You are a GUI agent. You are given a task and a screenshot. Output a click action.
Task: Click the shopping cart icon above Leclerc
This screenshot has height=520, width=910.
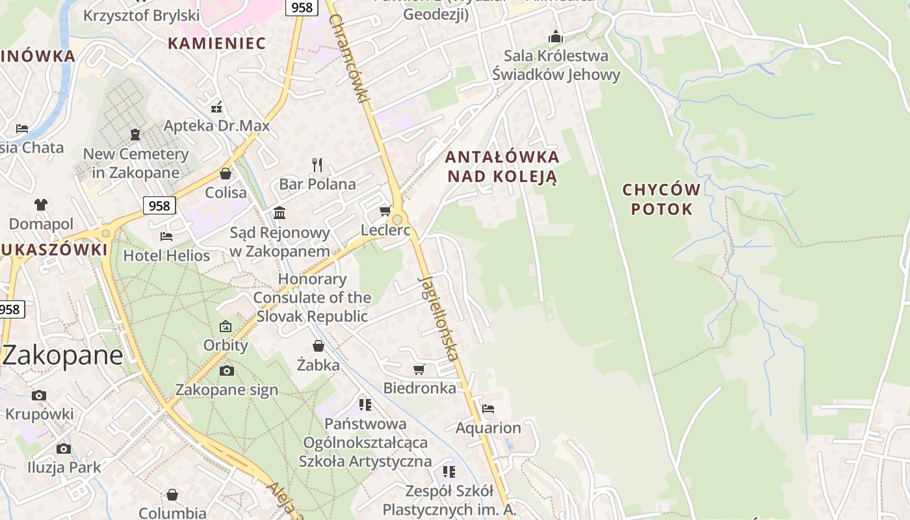coord(385,211)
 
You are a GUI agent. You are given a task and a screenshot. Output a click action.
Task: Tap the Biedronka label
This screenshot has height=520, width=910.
coord(419,388)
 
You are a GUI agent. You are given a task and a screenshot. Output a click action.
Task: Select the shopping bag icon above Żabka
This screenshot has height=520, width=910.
coord(318,346)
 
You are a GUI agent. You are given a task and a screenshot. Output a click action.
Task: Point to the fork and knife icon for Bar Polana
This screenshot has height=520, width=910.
coord(317,164)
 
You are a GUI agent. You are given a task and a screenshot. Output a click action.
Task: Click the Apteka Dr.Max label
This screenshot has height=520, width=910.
coord(216,125)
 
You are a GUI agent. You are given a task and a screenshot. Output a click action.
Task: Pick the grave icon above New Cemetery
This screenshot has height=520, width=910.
coord(135,135)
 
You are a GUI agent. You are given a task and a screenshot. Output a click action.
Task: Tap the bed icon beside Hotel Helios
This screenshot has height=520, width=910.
coord(166,237)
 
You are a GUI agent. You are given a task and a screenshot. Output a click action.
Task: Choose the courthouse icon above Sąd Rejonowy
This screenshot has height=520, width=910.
coord(279,213)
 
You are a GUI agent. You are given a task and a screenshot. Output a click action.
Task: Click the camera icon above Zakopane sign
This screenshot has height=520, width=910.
coord(226,371)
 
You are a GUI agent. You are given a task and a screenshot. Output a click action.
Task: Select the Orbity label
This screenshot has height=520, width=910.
coord(226,344)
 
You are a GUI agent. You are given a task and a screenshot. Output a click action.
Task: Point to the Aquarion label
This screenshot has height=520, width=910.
coord(488,428)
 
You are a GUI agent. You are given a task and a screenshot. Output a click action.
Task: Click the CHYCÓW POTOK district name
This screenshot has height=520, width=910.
coord(661,200)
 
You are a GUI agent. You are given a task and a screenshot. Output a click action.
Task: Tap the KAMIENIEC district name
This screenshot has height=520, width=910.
coord(216,44)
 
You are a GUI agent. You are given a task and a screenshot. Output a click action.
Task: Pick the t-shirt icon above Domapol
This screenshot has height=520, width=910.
coord(41,205)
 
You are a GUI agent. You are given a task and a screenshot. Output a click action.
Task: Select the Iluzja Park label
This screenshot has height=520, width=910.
coord(64,467)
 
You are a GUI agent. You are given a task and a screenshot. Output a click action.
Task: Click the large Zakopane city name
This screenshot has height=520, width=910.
coord(62,356)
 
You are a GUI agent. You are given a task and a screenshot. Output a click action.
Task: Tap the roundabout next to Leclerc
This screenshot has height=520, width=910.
coord(397,220)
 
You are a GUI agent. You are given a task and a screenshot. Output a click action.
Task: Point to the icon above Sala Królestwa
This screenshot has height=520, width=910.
coord(556,37)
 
